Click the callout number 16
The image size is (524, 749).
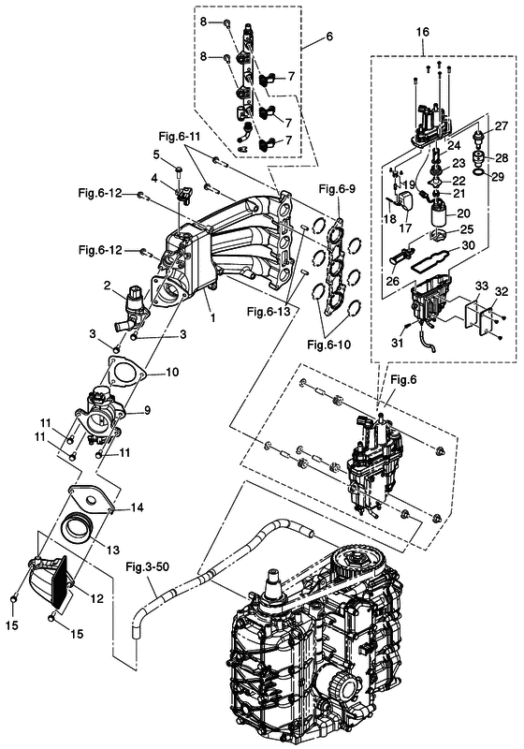(x=422, y=32)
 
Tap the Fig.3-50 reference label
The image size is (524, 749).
(x=147, y=567)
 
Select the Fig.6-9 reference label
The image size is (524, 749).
(x=337, y=189)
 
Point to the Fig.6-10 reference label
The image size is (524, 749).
(x=328, y=344)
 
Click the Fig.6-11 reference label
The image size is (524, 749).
(x=180, y=137)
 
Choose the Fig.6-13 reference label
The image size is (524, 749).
(x=269, y=312)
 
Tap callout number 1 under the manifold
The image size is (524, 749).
(x=212, y=317)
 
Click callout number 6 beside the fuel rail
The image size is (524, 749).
(x=329, y=37)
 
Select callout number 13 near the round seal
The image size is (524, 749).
(x=112, y=550)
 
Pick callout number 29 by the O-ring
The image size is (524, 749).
(x=498, y=177)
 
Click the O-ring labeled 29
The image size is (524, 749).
(x=480, y=172)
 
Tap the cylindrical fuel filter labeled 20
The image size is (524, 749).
(x=442, y=215)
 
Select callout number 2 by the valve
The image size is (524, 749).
(x=108, y=286)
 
